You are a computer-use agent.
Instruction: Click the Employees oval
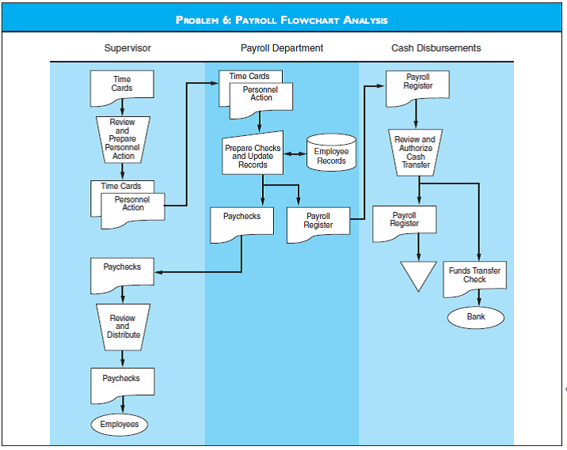(120, 425)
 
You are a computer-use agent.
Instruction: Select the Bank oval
(475, 317)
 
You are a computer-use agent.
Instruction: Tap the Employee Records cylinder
(331, 155)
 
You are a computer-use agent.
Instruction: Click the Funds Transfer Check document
(474, 276)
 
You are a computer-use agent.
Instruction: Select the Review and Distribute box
(123, 326)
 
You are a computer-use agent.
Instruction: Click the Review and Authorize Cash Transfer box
(416, 152)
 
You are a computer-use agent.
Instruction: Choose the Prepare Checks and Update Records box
(253, 155)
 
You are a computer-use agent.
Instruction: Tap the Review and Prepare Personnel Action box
(122, 139)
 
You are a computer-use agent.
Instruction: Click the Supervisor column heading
(127, 48)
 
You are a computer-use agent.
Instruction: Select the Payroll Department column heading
(282, 48)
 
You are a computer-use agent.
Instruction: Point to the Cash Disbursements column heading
(436, 48)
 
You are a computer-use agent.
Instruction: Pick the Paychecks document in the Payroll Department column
(242, 222)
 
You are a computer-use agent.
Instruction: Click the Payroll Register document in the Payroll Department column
(318, 222)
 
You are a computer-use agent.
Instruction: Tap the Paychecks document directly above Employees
(122, 384)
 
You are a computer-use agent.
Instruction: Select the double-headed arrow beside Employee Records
(295, 153)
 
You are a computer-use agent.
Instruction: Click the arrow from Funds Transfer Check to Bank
(480, 299)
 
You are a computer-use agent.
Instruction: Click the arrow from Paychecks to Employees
(122, 405)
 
